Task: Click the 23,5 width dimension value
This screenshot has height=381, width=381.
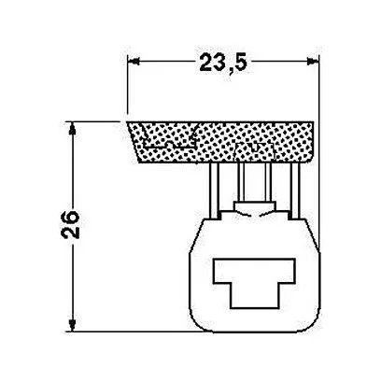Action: tap(223, 63)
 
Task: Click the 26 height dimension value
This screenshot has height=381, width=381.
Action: tap(70, 224)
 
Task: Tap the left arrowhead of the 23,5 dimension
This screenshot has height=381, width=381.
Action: tap(134, 61)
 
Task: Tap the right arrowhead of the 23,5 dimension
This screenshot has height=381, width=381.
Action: tap(313, 61)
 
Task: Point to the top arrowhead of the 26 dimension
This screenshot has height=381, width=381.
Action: tap(72, 128)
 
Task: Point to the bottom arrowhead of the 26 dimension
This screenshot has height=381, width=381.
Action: tap(72, 325)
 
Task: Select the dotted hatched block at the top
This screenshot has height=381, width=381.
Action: tap(220, 142)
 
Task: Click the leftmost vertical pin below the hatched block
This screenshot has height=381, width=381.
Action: tap(214, 190)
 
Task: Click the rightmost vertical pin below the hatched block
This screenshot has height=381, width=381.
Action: tap(295, 190)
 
